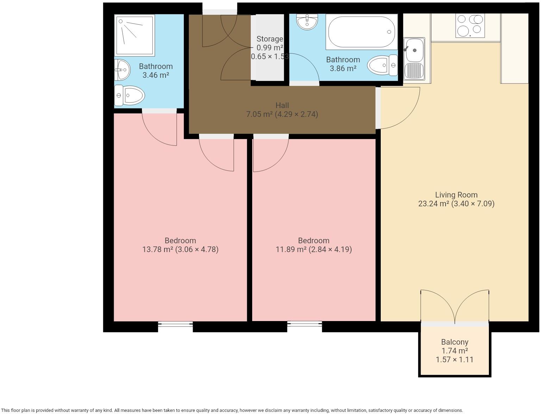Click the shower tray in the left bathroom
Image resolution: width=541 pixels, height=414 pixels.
(x=135, y=35)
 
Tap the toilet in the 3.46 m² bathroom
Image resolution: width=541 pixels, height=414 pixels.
(x=129, y=95)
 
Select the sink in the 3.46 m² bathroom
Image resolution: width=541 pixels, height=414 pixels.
(x=122, y=70)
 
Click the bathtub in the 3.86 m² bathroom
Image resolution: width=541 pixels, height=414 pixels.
(x=361, y=32)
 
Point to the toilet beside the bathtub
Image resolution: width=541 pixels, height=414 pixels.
(x=383, y=65)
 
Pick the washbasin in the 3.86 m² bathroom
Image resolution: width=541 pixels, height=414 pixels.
(x=307, y=21)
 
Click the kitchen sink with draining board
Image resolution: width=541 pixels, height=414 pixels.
(x=414, y=59)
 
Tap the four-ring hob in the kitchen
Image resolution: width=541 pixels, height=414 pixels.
(x=470, y=26)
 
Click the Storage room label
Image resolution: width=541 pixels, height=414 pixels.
(x=270, y=39)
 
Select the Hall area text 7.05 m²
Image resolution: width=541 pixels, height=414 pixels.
(x=260, y=114)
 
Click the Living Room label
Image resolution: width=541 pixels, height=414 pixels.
(x=456, y=195)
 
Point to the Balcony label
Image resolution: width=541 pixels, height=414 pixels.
(x=455, y=342)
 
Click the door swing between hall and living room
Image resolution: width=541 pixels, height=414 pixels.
(x=410, y=117)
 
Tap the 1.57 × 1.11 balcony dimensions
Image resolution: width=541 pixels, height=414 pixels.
(x=455, y=359)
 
